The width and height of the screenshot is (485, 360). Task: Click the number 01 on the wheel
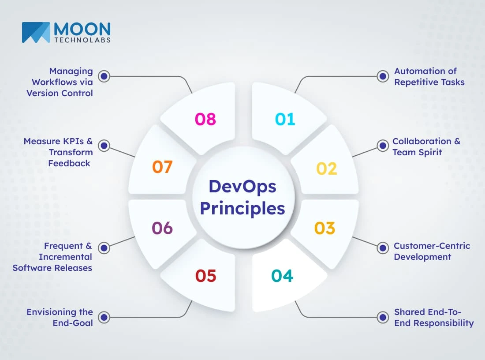(285, 119)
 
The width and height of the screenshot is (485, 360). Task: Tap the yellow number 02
(327, 169)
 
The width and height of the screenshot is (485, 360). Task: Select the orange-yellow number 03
(325, 228)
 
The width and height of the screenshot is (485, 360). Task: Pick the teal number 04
(282, 276)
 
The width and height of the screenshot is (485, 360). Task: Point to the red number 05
(206, 276)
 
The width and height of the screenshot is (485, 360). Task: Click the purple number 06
(162, 228)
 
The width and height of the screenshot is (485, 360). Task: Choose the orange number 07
(162, 167)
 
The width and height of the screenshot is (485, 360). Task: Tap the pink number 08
(205, 119)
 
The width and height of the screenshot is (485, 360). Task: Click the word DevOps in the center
(242, 187)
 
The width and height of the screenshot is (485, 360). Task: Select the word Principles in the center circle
(242, 208)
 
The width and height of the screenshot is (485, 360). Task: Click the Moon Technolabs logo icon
(36, 33)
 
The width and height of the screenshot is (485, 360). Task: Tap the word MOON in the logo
(82, 30)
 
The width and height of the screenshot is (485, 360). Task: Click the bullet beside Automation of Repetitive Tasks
(382, 76)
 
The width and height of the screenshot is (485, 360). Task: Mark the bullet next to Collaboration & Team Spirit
(382, 146)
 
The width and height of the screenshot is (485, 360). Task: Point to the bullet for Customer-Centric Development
(382, 248)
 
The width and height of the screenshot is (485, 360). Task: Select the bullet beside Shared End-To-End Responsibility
(382, 317)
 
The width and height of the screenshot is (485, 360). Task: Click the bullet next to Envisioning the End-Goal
(104, 317)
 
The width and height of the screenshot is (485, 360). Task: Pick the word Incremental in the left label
(65, 257)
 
